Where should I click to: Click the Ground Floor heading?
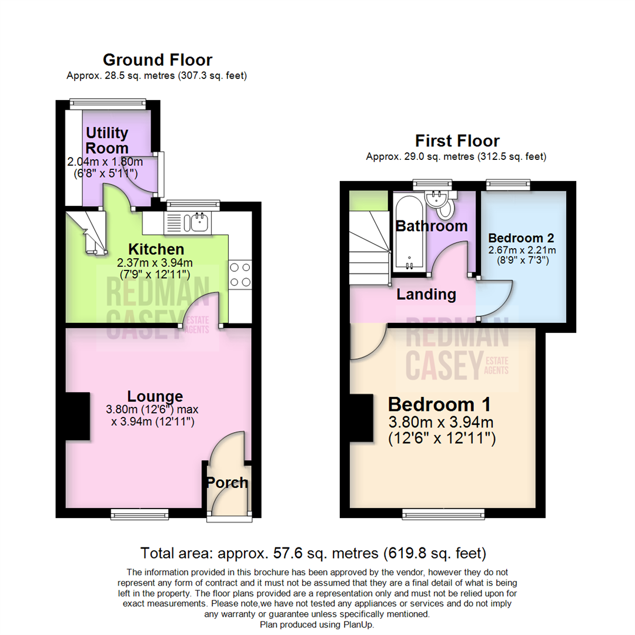pyautogui.click(x=157, y=59)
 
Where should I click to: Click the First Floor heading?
pyautogui.click(x=457, y=141)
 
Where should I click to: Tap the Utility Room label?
pyautogui.click(x=107, y=140)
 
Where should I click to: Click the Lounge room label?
pyautogui.click(x=156, y=396)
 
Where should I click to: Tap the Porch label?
pyautogui.click(x=227, y=483)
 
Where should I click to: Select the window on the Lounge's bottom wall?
pyautogui.click(x=140, y=514)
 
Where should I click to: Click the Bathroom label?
pyautogui.click(x=431, y=226)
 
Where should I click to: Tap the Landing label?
pyautogui.click(x=426, y=295)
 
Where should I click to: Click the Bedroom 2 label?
pyautogui.click(x=522, y=238)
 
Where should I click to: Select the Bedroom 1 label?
pyautogui.click(x=439, y=405)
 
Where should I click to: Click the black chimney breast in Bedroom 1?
pyautogui.click(x=361, y=417)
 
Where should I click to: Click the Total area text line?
pyautogui.click(x=313, y=553)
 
